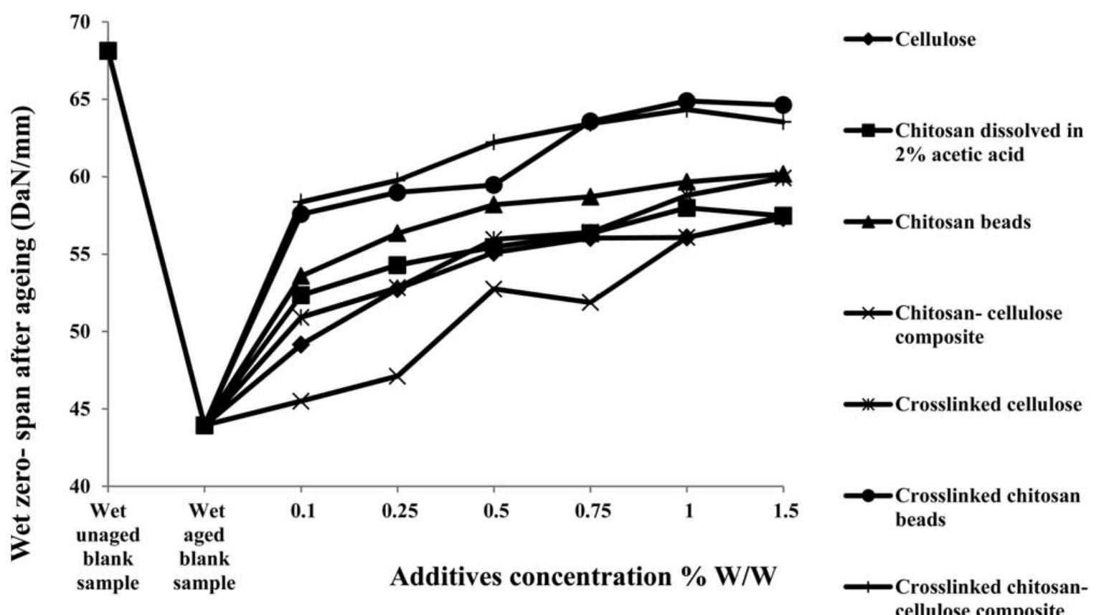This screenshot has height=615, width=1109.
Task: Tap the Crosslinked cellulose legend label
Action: [988, 405]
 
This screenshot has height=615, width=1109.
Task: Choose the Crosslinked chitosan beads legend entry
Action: [987, 507]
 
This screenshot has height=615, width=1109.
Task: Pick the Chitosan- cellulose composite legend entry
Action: [978, 325]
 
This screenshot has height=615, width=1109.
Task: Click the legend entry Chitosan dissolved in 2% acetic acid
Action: [988, 142]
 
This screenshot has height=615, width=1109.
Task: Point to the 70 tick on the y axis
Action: [81, 22]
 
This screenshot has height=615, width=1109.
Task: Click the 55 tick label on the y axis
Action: [81, 254]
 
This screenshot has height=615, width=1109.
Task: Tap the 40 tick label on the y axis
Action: [81, 487]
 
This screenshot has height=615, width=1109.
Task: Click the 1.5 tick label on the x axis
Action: [782, 512]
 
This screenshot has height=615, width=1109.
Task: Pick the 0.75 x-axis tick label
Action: [590, 512]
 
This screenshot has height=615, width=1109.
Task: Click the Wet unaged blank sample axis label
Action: [108, 546]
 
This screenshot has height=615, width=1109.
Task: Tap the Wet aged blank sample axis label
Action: [204, 546]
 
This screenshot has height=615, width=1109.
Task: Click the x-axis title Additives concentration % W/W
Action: [583, 577]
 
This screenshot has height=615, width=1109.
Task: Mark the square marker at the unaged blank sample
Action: [108, 51]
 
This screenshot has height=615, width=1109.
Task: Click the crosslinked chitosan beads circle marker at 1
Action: [686, 100]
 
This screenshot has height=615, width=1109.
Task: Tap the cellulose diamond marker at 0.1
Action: [301, 345]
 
